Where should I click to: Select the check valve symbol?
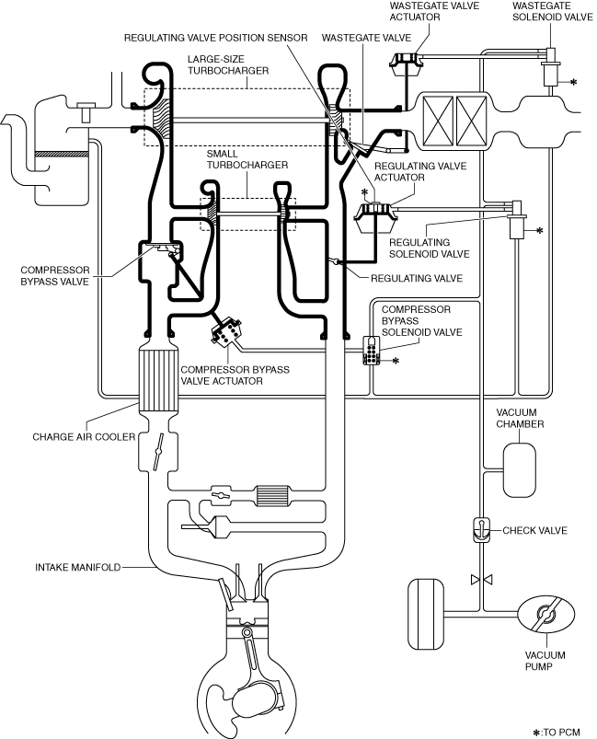(x=481, y=530)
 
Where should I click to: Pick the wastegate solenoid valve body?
(x=550, y=70)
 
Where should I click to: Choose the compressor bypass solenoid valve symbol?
(x=372, y=350)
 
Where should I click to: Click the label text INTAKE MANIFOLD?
(x=79, y=568)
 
